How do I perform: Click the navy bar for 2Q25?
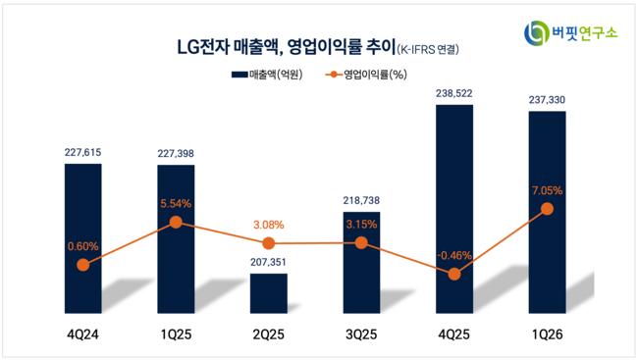pos(269,293)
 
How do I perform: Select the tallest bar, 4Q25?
pos(454,209)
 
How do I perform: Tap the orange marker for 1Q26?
pos(548,209)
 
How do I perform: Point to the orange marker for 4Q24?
pos(83,265)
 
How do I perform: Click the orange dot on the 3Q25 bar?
pos(361,243)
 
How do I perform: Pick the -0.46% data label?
pos(454,255)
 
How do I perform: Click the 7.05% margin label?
pos(548,190)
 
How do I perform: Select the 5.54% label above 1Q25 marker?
pos(176,203)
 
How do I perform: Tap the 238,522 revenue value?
pos(454,93)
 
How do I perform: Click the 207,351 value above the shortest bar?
pos(269,262)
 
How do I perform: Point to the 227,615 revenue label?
pos(83,153)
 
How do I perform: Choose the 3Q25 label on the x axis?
pos(361,334)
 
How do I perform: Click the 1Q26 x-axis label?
pos(548,334)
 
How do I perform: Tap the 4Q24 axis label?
pos(83,334)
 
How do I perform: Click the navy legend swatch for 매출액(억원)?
pos(239,75)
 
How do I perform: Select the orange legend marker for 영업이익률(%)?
pos(334,75)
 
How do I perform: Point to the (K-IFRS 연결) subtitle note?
pos(428,50)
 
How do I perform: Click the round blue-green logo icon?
pos(536,33)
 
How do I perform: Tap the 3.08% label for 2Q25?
pos(269,225)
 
